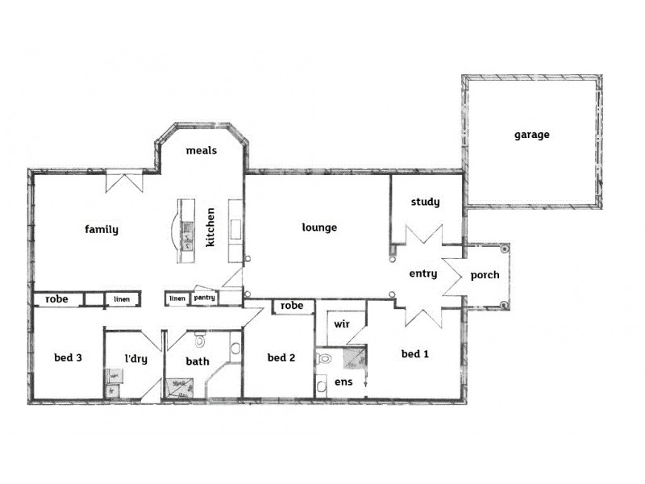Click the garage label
[531, 135]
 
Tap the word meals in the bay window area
[201, 151]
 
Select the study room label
[425, 202]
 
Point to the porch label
[485, 275]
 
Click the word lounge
[319, 227]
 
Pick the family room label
[102, 229]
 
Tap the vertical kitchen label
[210, 227]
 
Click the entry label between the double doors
[423, 273]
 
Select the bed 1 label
[414, 353]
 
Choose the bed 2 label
[280, 357]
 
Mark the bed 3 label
[69, 357]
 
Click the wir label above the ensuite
[340, 324]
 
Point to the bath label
[198, 362]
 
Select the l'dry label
[135, 359]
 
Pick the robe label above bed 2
[293, 306]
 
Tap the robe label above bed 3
[56, 298]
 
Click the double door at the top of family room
[123, 181]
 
